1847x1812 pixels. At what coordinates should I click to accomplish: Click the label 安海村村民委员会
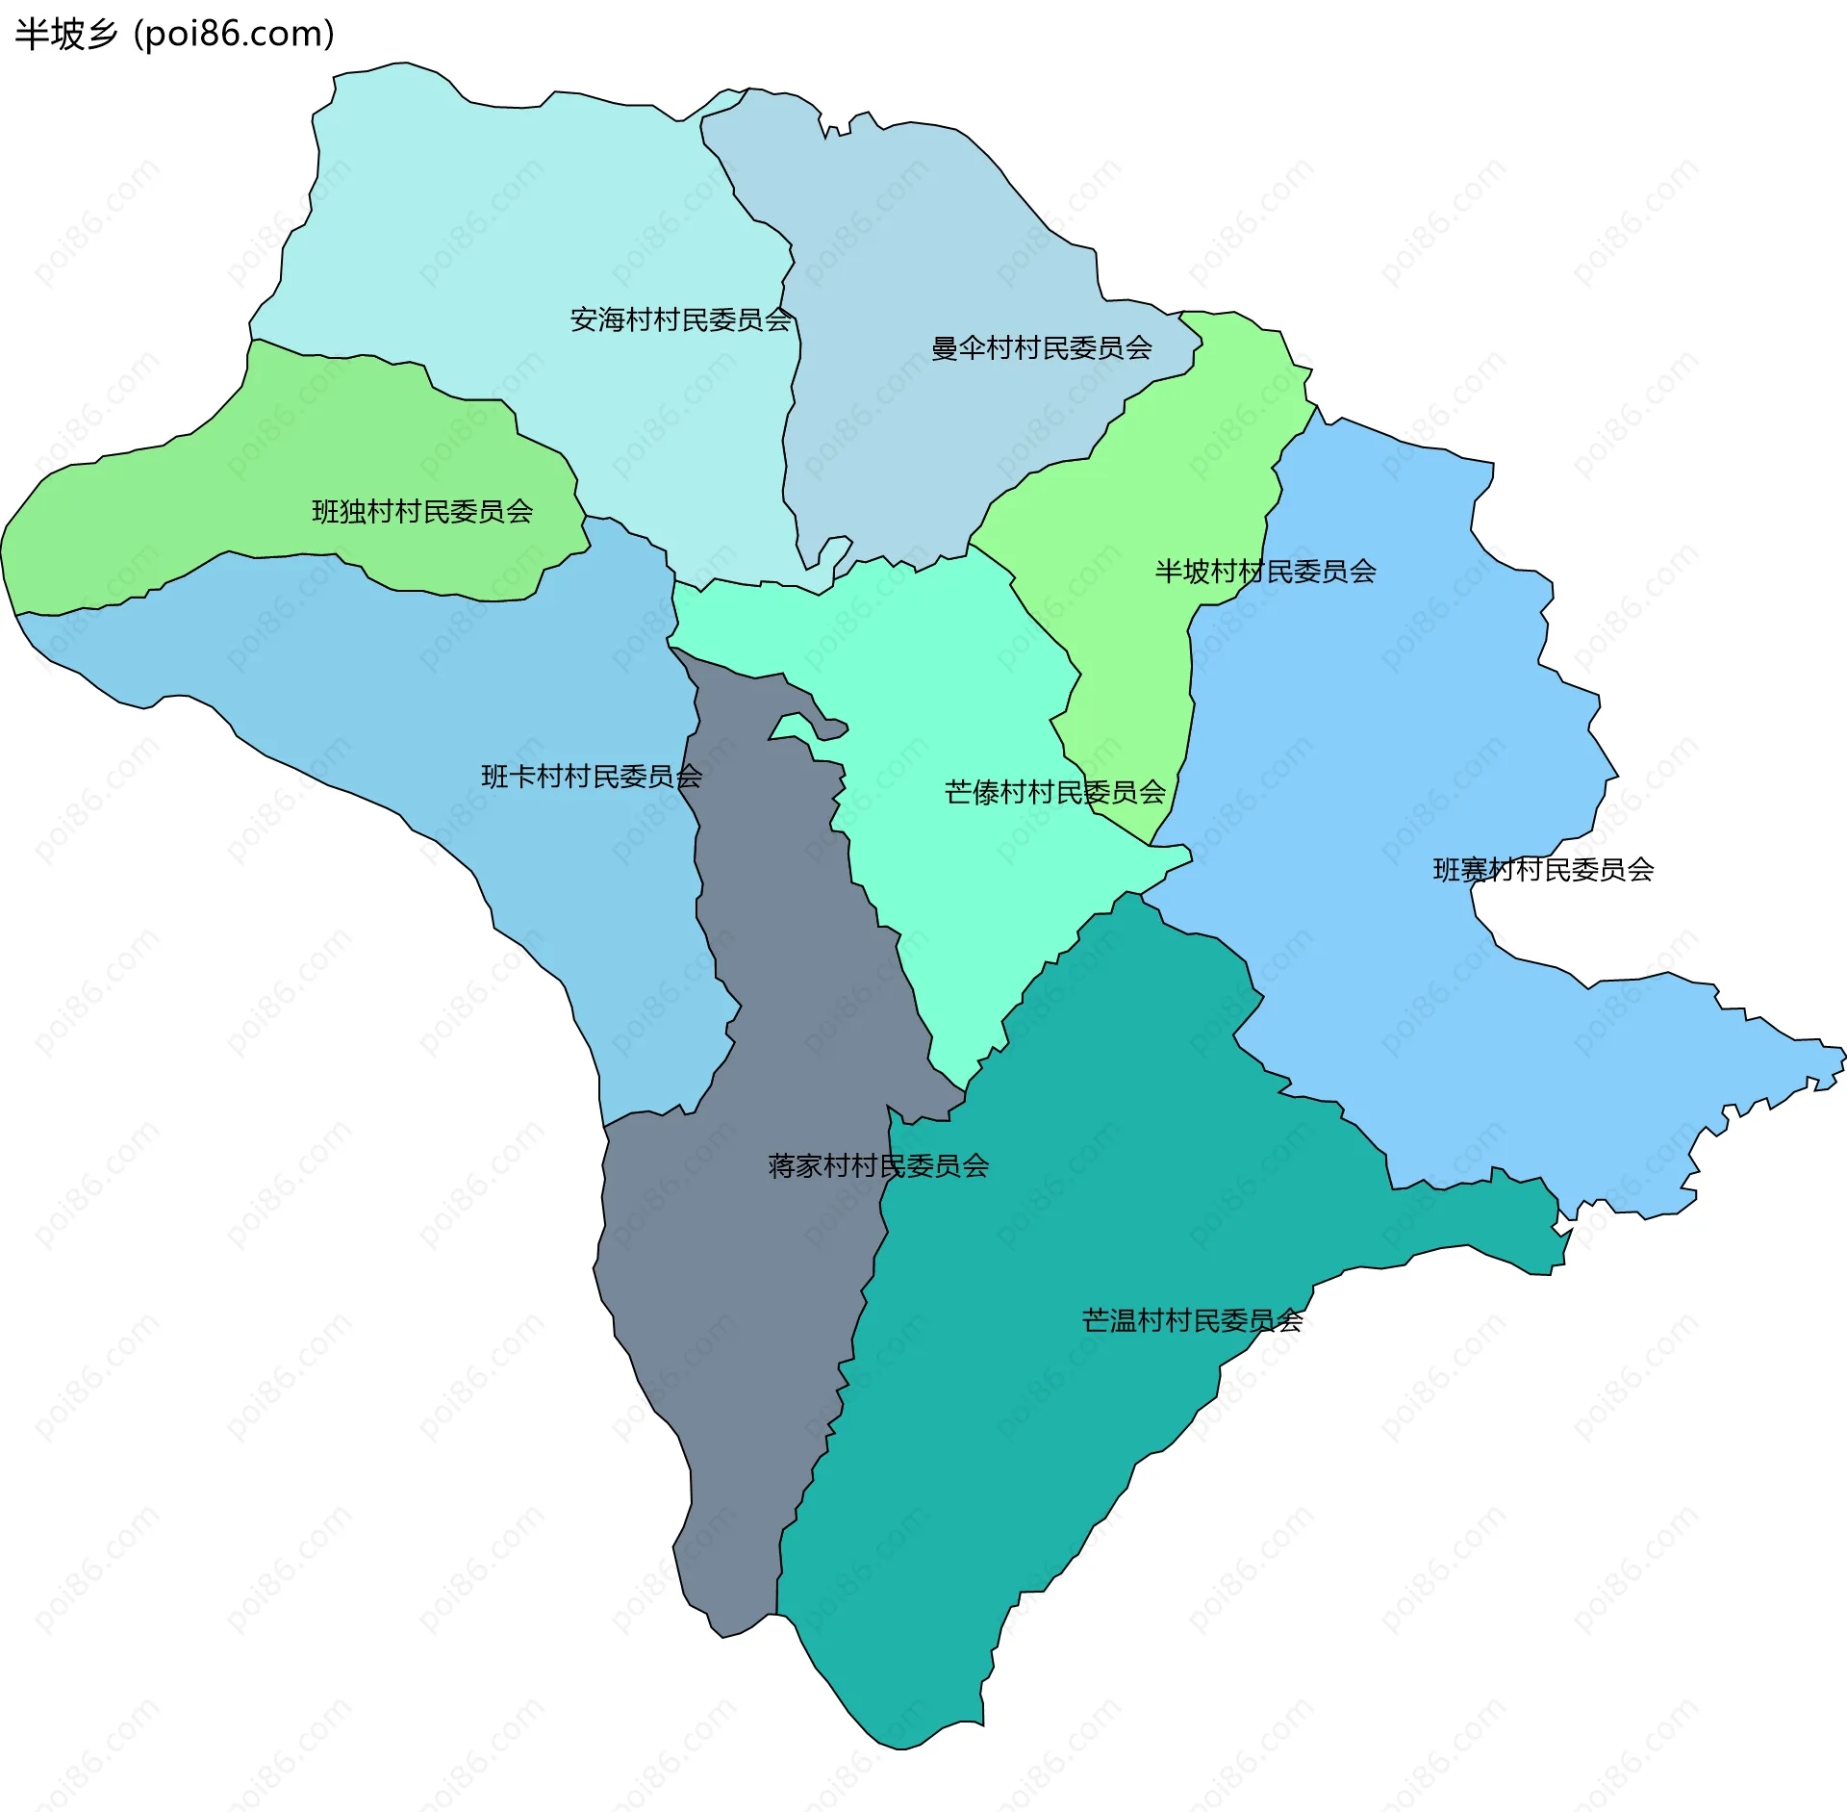680,319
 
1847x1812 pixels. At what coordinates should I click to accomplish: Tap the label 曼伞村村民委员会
1041,347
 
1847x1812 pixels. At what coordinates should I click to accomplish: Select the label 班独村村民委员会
422,511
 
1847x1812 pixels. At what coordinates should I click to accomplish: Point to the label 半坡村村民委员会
1265,572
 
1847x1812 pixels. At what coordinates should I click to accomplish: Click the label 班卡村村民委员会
591,776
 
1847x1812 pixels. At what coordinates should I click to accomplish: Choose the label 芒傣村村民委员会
1054,792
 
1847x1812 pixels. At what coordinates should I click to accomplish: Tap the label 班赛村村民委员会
1543,869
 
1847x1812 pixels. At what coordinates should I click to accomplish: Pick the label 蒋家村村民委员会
877,1165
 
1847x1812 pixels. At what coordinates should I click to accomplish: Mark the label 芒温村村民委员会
1192,1320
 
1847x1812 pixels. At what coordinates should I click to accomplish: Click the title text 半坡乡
65,35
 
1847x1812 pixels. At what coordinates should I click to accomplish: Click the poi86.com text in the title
234,35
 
